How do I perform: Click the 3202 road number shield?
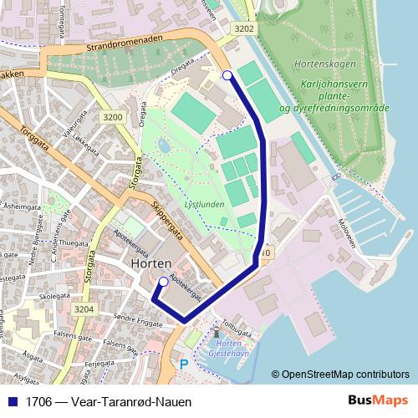click(x=244, y=28)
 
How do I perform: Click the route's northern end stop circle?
click(x=228, y=76)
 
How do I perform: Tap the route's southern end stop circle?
click(x=163, y=283)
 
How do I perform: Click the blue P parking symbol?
click(x=185, y=364)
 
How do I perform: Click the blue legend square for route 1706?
click(x=12, y=401)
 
